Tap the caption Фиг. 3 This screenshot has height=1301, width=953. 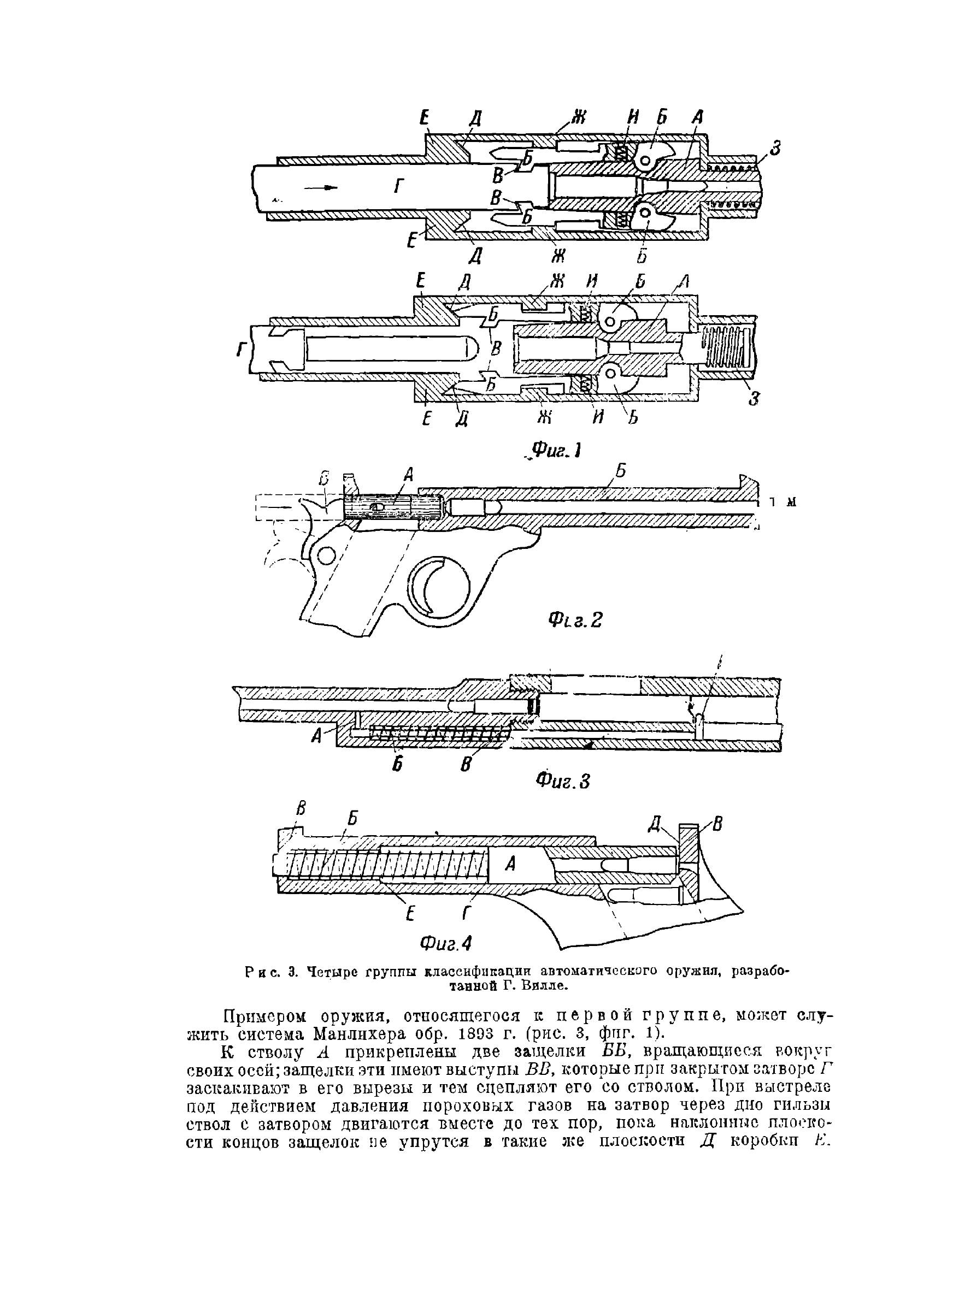click(x=563, y=781)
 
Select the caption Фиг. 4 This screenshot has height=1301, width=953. click(x=446, y=944)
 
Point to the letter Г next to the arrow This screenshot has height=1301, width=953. click(x=398, y=186)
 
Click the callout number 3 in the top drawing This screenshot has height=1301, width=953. click(x=775, y=149)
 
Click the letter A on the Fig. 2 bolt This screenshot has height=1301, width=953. click(x=408, y=474)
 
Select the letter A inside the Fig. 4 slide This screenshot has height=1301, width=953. click(x=510, y=864)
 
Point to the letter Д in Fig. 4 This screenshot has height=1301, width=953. click(x=654, y=824)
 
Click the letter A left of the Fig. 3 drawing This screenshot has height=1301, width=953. click(x=316, y=736)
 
